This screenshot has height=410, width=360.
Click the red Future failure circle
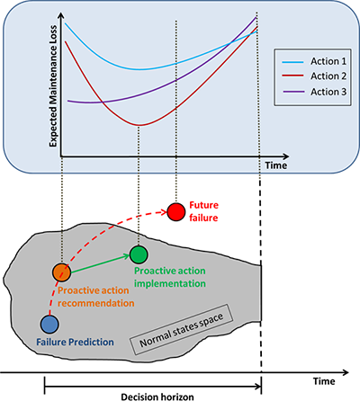[x=176, y=212]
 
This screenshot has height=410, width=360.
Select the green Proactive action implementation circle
[x=139, y=254]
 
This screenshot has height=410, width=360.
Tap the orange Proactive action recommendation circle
[x=61, y=272]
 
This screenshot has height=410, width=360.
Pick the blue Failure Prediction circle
[x=49, y=325]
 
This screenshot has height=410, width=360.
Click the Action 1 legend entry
[x=314, y=61]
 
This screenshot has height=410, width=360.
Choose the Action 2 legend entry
[x=314, y=76]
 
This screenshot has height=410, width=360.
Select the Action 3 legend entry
[x=314, y=92]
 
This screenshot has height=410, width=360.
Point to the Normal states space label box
[x=182, y=330]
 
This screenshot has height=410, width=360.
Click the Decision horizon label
[x=157, y=397]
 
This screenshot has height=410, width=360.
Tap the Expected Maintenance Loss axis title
[x=53, y=86]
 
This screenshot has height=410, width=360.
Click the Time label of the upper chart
[x=276, y=165]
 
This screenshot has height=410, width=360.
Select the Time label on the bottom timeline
[x=324, y=381]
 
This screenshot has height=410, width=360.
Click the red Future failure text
[x=203, y=211]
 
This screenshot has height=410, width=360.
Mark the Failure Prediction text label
[x=75, y=342]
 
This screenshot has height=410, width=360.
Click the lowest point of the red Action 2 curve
[x=139, y=125]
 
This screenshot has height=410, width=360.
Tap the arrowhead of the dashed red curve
[x=164, y=212]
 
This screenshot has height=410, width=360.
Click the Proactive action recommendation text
[x=96, y=297]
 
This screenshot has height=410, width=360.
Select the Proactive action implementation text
[x=170, y=277]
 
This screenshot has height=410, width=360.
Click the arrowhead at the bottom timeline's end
[x=346, y=372]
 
